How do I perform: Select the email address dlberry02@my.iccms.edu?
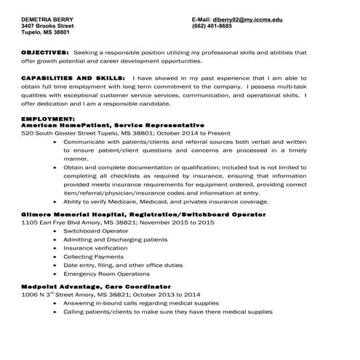pos(246,20)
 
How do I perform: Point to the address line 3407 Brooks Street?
pos(47,26)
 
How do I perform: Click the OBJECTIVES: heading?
pos(45,52)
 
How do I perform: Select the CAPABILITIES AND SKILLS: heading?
pos(73,77)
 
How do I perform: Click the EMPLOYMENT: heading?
pos(49,118)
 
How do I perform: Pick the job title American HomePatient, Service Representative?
pos(113,125)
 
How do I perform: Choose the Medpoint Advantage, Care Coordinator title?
pos(96,287)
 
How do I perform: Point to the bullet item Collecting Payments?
pos(93,257)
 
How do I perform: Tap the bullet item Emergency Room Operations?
pos(106,274)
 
